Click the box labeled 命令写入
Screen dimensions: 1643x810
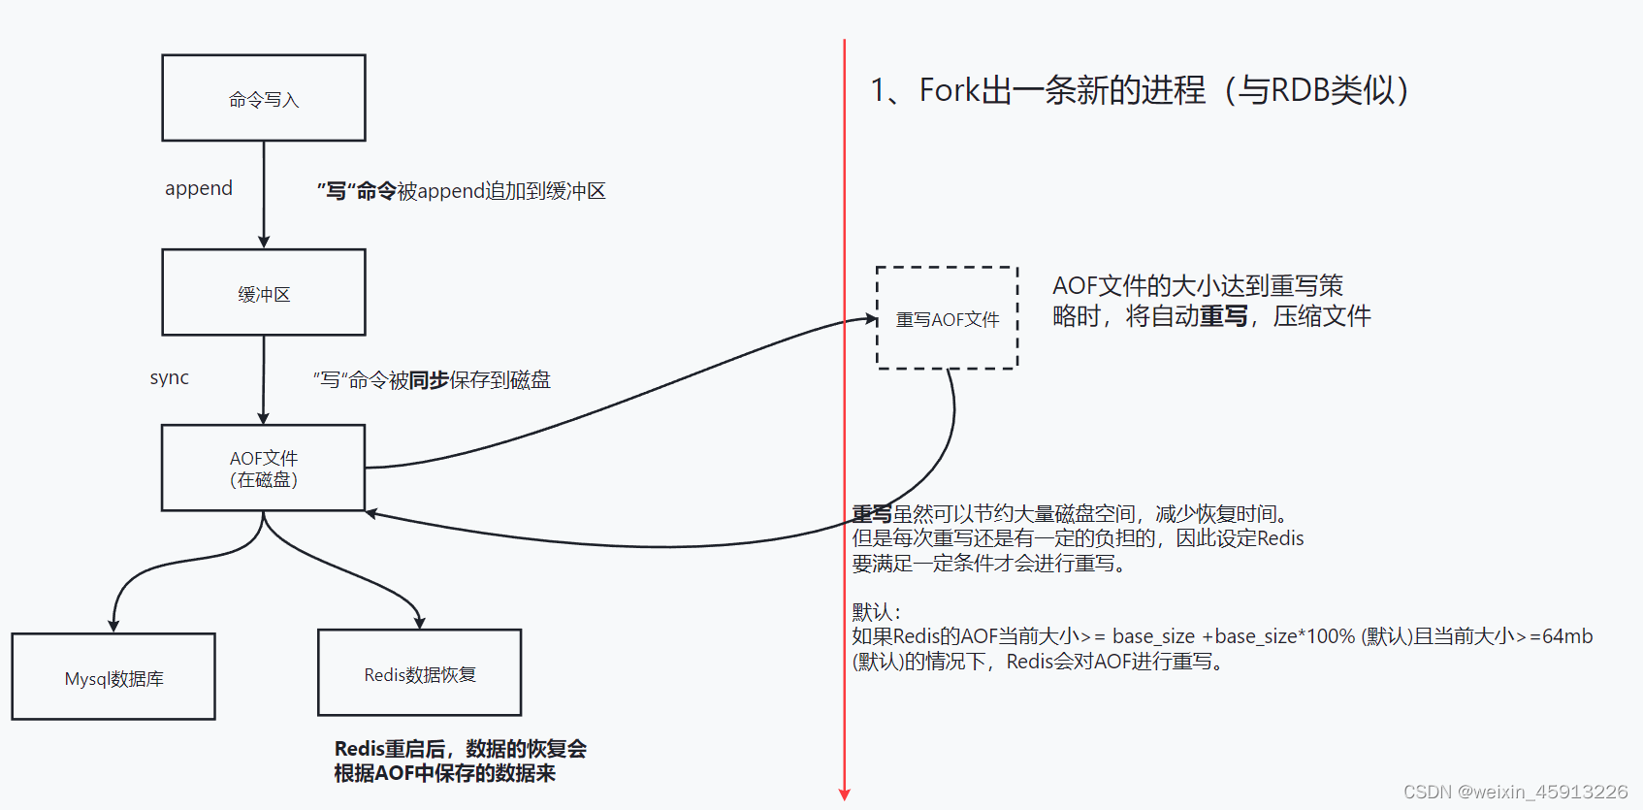264,98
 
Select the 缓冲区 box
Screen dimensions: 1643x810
264,293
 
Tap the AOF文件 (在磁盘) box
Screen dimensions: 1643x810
264,468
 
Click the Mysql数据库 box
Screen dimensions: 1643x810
113,677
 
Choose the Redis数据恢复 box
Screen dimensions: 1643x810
419,673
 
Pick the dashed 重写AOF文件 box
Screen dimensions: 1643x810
947,318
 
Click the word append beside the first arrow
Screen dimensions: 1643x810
199,188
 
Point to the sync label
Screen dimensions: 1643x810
170,377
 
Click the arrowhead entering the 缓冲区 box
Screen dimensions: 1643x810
264,243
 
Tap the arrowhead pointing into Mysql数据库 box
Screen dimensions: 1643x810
113,627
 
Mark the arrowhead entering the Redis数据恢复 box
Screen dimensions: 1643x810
419,623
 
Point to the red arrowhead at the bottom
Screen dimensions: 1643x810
845,794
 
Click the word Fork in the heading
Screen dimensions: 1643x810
950,90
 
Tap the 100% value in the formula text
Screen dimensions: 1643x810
1330,636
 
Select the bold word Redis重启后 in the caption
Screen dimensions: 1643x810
389,749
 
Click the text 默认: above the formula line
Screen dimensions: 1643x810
876,612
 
